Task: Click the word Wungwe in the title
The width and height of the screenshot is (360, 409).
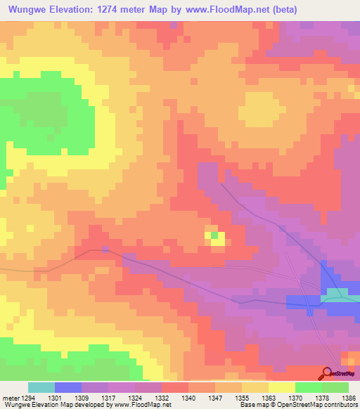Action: tap(30, 10)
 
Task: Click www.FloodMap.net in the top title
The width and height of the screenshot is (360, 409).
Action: tap(224, 10)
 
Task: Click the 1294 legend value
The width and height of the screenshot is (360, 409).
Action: tap(27, 397)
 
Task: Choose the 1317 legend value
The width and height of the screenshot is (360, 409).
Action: tap(108, 397)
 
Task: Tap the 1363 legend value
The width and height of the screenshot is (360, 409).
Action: tap(267, 397)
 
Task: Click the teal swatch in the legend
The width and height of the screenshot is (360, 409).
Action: tap(41, 387)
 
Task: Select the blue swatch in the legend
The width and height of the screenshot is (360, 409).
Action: tap(68, 387)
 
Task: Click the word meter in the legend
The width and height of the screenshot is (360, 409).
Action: tap(9, 397)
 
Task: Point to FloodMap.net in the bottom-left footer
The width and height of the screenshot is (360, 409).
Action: tap(143, 405)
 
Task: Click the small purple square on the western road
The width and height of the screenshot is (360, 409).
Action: tap(105, 249)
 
